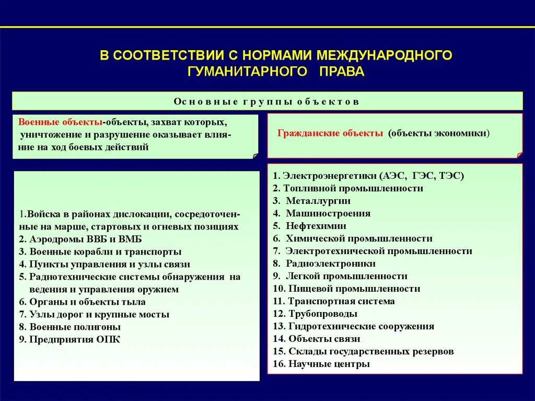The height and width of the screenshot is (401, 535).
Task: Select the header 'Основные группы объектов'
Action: pyautogui.click(x=266, y=101)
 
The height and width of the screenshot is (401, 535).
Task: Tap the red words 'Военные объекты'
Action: pyautogui.click(x=60, y=122)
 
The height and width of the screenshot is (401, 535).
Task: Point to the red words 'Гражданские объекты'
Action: pyautogui.click(x=330, y=133)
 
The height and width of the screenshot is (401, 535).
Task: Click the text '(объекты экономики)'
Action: pyautogui.click(x=438, y=133)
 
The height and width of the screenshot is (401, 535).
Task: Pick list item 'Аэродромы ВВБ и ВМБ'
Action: pyautogui.click(x=74, y=239)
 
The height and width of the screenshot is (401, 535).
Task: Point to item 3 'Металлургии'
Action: pyautogui.click(x=318, y=201)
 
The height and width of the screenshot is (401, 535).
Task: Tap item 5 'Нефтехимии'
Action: pyautogui.click(x=316, y=226)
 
